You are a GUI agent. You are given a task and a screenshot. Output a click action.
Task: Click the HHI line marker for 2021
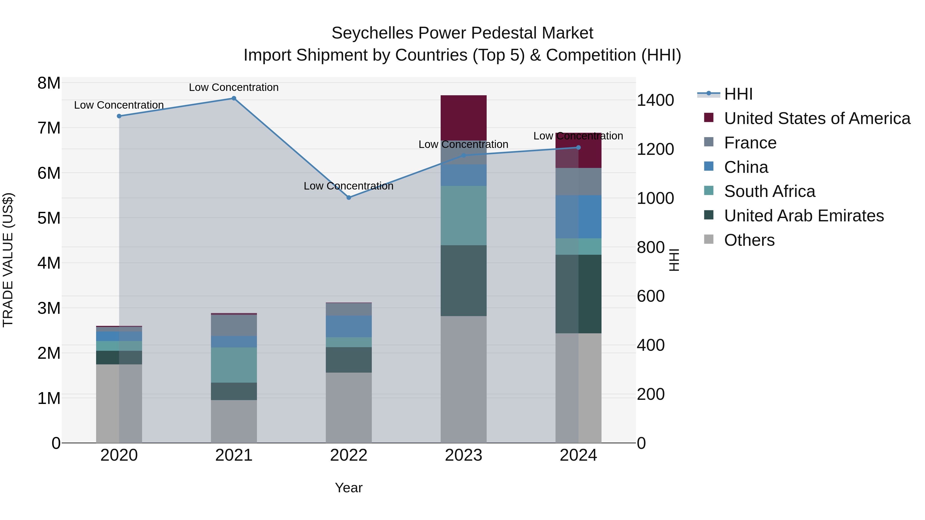[x=234, y=98]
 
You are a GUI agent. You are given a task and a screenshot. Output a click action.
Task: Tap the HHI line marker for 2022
[x=349, y=197]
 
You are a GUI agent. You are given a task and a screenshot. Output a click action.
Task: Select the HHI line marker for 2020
[x=119, y=116]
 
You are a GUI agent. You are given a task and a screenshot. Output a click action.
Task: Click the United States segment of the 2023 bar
[x=463, y=118]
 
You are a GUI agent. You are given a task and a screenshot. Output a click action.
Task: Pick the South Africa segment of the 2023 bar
[x=463, y=215]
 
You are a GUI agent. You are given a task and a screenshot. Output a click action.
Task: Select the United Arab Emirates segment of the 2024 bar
[x=578, y=294]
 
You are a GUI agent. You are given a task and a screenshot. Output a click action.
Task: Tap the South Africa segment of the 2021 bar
[x=234, y=365]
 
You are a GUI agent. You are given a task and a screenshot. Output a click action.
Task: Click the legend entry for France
[x=750, y=143]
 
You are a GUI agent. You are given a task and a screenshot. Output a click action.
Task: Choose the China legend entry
[x=746, y=167]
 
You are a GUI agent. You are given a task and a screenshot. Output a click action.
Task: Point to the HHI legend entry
[x=738, y=94]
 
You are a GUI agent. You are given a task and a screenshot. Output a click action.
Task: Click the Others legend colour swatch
[x=708, y=239]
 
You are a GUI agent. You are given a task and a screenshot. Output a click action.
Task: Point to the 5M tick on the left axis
[x=49, y=218]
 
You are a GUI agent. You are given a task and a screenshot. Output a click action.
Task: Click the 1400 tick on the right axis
[x=655, y=100]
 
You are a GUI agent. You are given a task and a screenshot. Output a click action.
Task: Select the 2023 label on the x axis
[x=463, y=455]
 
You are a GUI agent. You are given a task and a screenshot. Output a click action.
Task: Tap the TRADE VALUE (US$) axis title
[x=8, y=260]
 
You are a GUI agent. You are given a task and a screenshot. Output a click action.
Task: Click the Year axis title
[x=348, y=488]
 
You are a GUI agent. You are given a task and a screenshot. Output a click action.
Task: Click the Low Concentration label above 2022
[x=348, y=186]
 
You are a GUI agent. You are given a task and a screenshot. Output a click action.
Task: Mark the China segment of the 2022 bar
[x=349, y=326]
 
